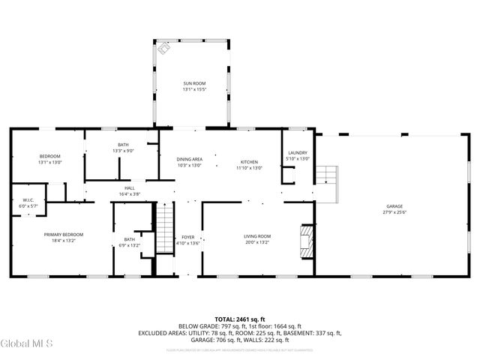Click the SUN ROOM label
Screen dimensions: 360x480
(194, 83)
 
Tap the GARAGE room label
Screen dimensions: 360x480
(394, 206)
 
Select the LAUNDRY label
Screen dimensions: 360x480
(298, 153)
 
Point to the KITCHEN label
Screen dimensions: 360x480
(249, 162)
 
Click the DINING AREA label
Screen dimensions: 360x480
(189, 159)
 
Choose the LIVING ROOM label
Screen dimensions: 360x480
(256, 237)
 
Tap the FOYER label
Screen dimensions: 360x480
(188, 237)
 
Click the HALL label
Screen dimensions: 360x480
(129, 188)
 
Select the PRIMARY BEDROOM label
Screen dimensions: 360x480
(64, 235)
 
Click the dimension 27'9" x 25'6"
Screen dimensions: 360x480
(394, 212)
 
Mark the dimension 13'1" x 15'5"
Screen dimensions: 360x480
(194, 89)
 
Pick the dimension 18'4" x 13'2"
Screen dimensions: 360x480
(64, 241)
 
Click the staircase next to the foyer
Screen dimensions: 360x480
(164, 230)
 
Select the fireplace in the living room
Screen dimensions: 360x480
(305, 240)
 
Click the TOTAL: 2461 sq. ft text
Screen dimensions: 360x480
(239, 319)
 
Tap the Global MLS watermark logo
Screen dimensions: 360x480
(27, 344)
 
